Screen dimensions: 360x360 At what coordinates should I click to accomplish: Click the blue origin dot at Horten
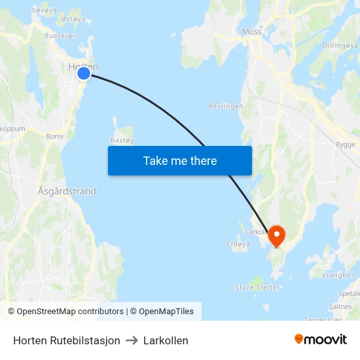[x=84, y=73]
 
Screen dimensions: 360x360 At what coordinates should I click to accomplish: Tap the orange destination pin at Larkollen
[x=276, y=235]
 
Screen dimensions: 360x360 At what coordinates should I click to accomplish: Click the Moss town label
[x=251, y=31]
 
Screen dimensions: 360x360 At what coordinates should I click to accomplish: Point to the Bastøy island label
[x=122, y=140]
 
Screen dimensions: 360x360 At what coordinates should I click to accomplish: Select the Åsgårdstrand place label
[x=67, y=191]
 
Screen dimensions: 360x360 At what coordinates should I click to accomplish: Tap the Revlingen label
[x=226, y=106]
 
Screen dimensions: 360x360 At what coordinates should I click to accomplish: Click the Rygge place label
[x=345, y=145]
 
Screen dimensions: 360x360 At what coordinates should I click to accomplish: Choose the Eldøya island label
[x=238, y=243]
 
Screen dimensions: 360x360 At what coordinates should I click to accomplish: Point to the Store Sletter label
[x=257, y=287]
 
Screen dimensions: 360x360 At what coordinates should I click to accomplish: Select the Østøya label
[x=72, y=19]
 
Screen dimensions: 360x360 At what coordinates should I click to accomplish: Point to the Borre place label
[x=55, y=137]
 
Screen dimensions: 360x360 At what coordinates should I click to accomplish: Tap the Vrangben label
[x=338, y=276]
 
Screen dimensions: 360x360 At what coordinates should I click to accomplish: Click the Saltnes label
[x=340, y=306]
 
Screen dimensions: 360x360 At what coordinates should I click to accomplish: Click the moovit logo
[x=321, y=340]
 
